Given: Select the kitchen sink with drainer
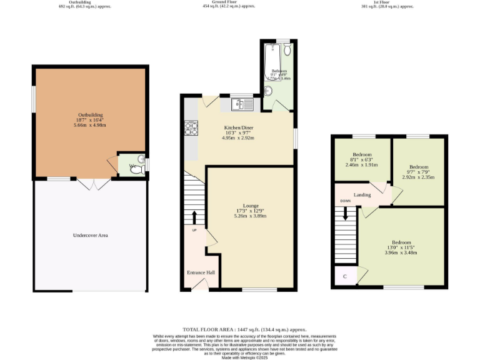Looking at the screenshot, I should pyautogui.click(x=241, y=104).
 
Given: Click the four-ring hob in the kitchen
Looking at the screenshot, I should pyautogui.click(x=191, y=128).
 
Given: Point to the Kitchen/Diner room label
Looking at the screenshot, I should pyautogui.click(x=239, y=127).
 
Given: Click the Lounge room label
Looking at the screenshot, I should pyautogui.click(x=251, y=205).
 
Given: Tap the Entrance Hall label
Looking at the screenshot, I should pyautogui.click(x=201, y=272).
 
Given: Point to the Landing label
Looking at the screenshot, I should pyautogui.click(x=362, y=195).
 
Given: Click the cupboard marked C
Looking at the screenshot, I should pyautogui.click(x=344, y=276).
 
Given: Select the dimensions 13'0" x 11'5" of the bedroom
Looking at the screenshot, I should pyautogui.click(x=401, y=248).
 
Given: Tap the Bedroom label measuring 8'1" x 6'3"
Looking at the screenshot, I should pyautogui.click(x=362, y=154).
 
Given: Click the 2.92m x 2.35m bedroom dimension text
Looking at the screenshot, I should pyautogui.click(x=418, y=177).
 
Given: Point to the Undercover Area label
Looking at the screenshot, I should pyautogui.click(x=91, y=236).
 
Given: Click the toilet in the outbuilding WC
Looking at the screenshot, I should pyautogui.click(x=134, y=167).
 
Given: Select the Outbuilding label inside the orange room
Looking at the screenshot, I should pyautogui.click(x=90, y=115).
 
